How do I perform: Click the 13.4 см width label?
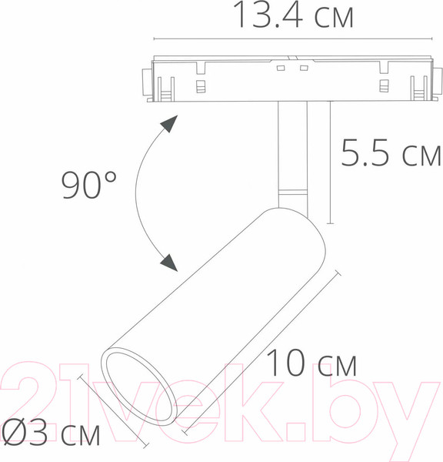click(x=293, y=16)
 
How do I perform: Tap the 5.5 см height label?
click(x=391, y=155)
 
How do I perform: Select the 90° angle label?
click(x=89, y=186)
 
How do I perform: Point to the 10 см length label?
click(x=312, y=363)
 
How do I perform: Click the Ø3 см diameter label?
click(x=52, y=433)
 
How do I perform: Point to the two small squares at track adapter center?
click(x=292, y=69)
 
